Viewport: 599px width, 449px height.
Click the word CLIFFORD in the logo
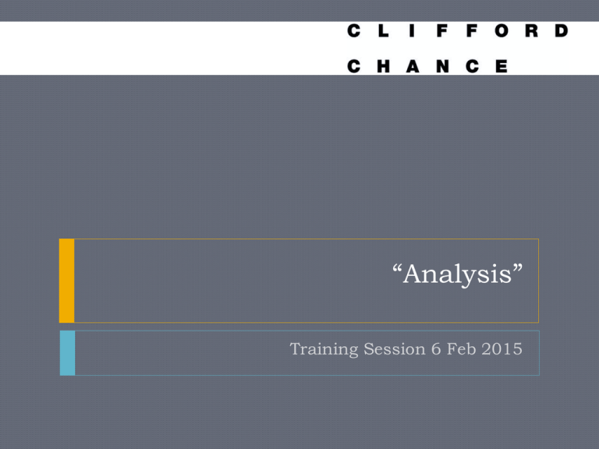[458, 30]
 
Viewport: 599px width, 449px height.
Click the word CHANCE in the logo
[427, 66]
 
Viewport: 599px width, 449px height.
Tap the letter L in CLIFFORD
[383, 30]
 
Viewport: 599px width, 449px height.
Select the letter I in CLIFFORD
[412, 30]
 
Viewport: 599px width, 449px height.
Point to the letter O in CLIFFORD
[502, 30]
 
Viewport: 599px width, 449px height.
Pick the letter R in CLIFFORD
[531, 30]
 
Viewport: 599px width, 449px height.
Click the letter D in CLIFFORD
[562, 30]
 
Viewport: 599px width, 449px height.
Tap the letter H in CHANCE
[383, 66]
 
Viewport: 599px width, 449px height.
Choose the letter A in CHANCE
[413, 66]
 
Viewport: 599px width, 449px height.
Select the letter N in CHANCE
[442, 66]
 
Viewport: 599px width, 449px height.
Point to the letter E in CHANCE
[502, 66]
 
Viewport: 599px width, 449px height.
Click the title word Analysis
[457, 275]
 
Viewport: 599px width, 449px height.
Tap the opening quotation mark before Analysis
[397, 267]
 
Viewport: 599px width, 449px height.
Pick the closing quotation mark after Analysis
[518, 267]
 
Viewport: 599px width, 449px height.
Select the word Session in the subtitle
[394, 349]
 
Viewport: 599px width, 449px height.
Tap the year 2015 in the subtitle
[502, 349]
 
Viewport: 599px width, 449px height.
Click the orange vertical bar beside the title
[67, 281]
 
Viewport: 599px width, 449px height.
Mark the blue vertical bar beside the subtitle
[68, 353]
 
